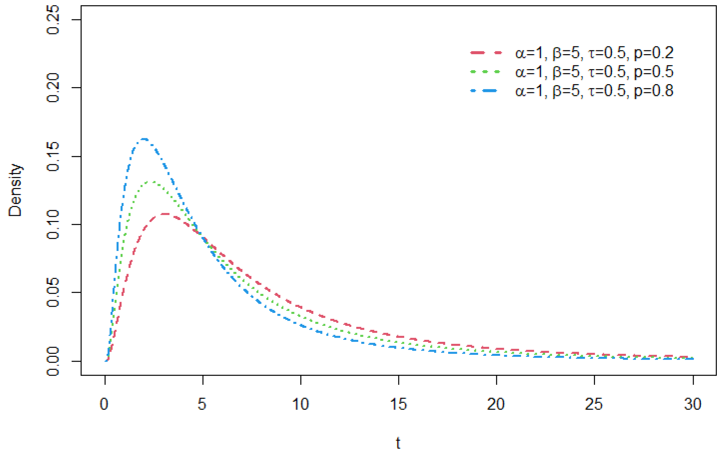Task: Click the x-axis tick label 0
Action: click(x=104, y=404)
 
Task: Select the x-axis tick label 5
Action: click(x=202, y=404)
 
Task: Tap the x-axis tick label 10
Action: click(x=300, y=404)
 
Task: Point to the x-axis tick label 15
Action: click(x=398, y=404)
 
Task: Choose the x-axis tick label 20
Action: click(x=496, y=404)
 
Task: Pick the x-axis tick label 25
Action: click(x=594, y=404)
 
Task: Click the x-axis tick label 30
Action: click(x=693, y=404)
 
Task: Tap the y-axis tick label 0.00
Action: click(x=53, y=361)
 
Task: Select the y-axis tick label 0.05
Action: click(x=53, y=292)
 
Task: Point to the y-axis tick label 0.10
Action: click(x=53, y=224)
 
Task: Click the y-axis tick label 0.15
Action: click(x=53, y=156)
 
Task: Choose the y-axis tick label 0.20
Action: click(x=53, y=88)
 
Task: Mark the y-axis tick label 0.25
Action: click(x=53, y=20)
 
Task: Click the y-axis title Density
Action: click(x=15, y=190)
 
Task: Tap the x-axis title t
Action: click(x=398, y=443)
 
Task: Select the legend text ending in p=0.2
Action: click(x=594, y=53)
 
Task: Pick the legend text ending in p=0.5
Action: click(x=594, y=72)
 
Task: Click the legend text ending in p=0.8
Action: click(x=594, y=91)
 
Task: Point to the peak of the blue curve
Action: click(x=144, y=139)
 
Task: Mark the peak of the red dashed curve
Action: click(x=165, y=214)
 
